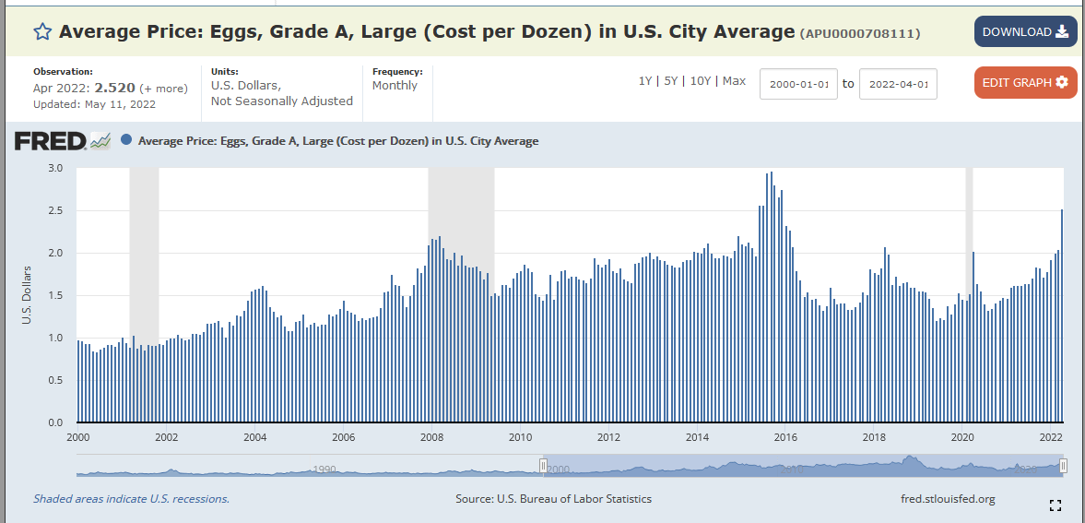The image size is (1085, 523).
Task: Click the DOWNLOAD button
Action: (x=1025, y=32)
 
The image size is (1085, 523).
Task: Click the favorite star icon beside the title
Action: (x=42, y=32)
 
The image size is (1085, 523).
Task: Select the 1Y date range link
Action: (x=645, y=81)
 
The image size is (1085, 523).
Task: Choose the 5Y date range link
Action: (x=671, y=81)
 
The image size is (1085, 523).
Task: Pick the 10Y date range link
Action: (x=700, y=81)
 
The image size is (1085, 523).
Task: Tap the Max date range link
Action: (x=734, y=81)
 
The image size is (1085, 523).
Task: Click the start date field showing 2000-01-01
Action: (x=798, y=84)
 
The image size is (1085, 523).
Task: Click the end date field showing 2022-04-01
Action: (x=898, y=84)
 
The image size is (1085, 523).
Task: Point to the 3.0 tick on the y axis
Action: (x=55, y=168)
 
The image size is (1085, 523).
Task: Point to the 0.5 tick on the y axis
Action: (x=55, y=380)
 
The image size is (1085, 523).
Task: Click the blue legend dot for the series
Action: (x=126, y=141)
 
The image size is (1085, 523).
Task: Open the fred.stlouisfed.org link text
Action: (x=947, y=499)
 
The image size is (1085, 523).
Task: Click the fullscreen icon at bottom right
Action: (x=1056, y=505)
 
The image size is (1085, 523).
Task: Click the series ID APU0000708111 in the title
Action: (x=860, y=34)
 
